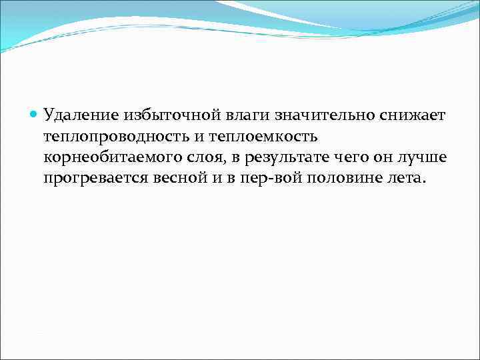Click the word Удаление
coord(78,116)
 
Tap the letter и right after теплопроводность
coord(198,137)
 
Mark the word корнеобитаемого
coord(113,159)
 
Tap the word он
coord(391,159)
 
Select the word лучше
coord(429,159)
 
